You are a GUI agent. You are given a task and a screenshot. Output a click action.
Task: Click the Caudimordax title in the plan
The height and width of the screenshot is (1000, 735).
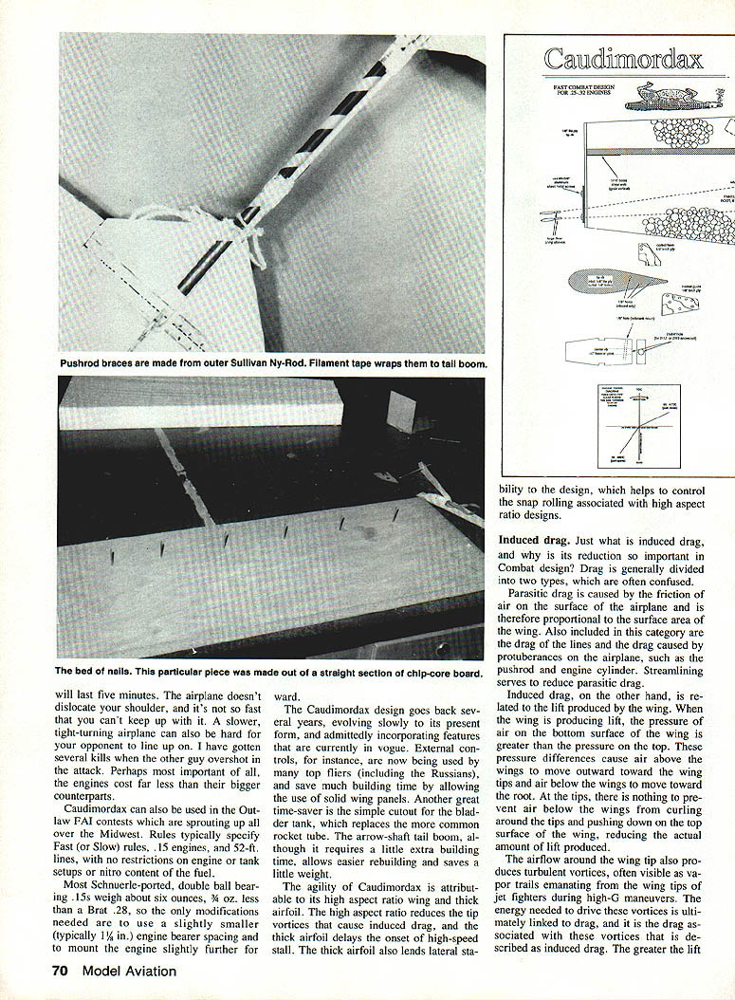tap(624, 60)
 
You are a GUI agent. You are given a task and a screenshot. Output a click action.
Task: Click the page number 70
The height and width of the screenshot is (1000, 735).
tap(62, 971)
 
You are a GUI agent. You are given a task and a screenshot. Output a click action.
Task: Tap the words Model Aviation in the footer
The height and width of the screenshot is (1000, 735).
tap(129, 971)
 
